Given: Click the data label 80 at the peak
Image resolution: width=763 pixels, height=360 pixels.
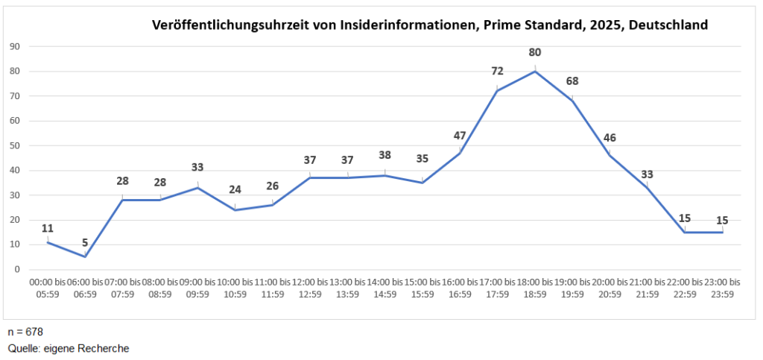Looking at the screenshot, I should tap(535, 52).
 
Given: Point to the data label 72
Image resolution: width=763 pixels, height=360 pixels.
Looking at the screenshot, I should tap(497, 72).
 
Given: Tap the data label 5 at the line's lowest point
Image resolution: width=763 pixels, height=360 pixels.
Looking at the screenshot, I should tap(85, 241).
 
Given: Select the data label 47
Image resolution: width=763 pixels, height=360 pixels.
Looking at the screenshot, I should tap(460, 136).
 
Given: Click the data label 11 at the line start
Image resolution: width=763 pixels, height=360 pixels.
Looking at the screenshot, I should tap(48, 228).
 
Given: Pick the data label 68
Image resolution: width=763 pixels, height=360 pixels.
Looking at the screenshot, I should tap(572, 81).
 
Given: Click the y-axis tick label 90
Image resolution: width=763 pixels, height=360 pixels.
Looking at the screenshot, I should tap(14, 46).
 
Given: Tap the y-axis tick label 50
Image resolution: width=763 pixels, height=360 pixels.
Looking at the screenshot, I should tap(14, 145).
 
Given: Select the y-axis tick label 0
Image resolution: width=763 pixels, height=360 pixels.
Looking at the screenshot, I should tap(16, 269).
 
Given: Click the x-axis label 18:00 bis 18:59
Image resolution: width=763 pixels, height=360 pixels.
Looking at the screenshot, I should tap(535, 288).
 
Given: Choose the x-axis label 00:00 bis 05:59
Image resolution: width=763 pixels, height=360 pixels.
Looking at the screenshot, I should tap(48, 288).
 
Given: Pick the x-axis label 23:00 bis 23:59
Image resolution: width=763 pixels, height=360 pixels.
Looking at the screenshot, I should tap(722, 288).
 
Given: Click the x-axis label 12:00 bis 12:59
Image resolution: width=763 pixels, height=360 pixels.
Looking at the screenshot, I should tap(310, 288).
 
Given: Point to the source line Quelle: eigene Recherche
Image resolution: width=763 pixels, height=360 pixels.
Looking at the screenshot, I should tap(69, 348).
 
